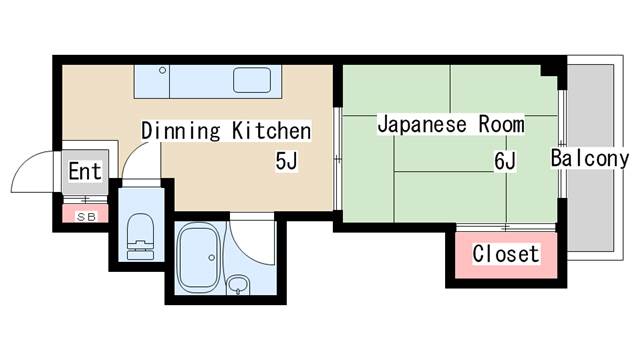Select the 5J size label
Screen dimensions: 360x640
pos(288,160)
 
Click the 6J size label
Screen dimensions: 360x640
pos(504,160)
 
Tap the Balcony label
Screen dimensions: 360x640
pos(590,158)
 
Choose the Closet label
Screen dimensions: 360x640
pos(505,254)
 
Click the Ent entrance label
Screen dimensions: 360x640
pos(85,172)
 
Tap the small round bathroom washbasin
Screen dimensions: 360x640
pos(237,288)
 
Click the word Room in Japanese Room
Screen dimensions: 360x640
pos(500,125)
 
